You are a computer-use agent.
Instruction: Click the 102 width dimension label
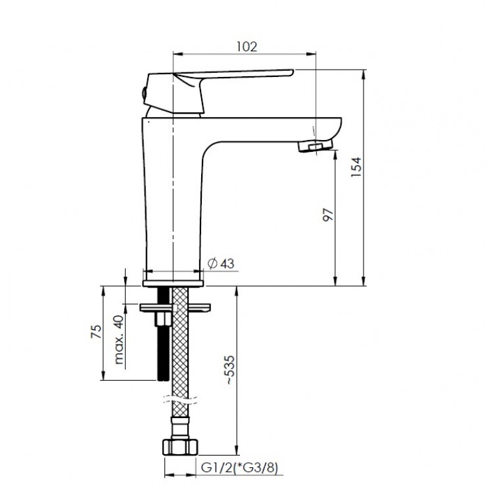coord(246,47)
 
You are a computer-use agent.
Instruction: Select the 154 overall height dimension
coord(356,167)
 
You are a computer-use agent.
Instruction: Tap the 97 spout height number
coord(328,215)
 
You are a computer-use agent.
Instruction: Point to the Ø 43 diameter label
coord(222,264)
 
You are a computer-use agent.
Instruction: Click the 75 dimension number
coord(97,331)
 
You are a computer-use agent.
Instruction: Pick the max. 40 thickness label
coord(118,340)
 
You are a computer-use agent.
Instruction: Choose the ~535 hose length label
coord(230,370)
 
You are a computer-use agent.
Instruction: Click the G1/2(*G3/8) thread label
coord(239,468)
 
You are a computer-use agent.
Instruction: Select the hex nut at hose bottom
coord(180,447)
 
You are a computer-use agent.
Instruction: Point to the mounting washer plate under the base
coord(175,308)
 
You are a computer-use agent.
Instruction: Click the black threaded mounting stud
coord(163,334)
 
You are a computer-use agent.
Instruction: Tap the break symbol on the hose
coord(180,400)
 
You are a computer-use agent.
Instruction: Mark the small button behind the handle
coord(144,93)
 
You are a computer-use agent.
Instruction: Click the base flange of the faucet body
coord(173,283)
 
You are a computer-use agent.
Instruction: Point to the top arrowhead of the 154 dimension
coord(364,74)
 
